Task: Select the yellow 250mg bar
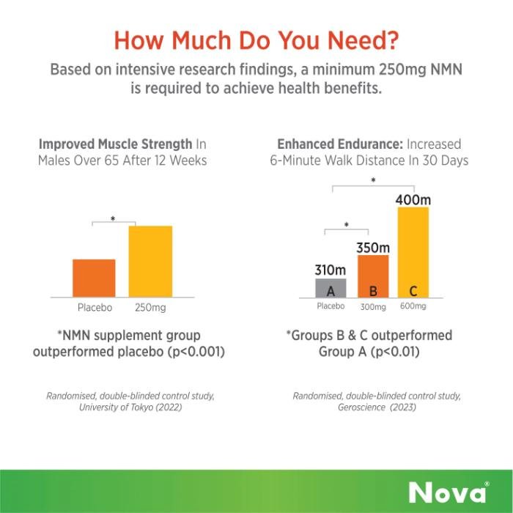tap(150, 261)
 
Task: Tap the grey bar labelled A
tap(331, 288)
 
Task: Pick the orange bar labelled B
tap(373, 276)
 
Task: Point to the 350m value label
tap(373, 248)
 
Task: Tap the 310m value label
tap(331, 271)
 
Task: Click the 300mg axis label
tap(372, 306)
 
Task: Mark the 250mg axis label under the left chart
tap(150, 308)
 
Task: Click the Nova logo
tap(449, 492)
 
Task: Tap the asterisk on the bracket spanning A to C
tap(374, 180)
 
